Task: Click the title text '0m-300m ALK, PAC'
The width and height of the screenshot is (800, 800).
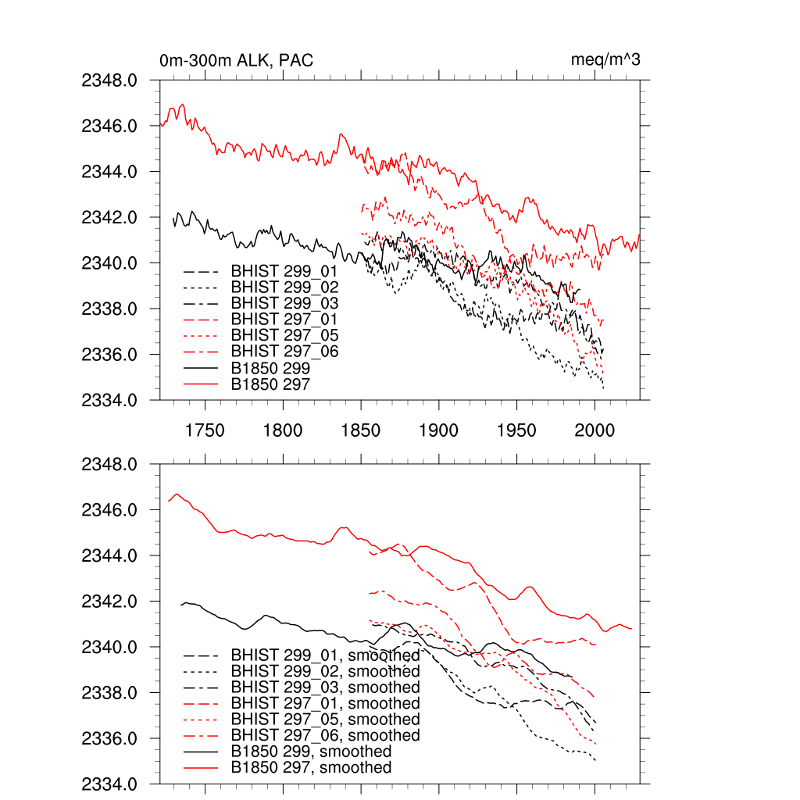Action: coord(236,60)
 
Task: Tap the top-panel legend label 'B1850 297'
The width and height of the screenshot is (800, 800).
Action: coord(270,384)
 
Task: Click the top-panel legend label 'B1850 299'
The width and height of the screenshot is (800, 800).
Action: coord(270,368)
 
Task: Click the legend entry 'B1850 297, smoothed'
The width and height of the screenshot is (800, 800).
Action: coord(311,768)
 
